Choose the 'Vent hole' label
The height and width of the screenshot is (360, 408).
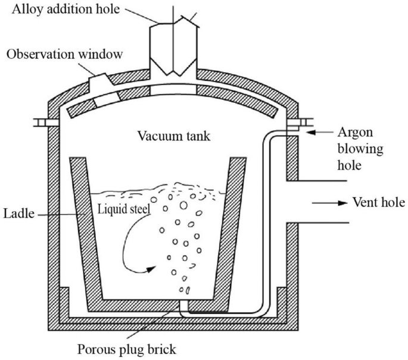(379, 203)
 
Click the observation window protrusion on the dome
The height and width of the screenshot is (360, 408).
(99, 81)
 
